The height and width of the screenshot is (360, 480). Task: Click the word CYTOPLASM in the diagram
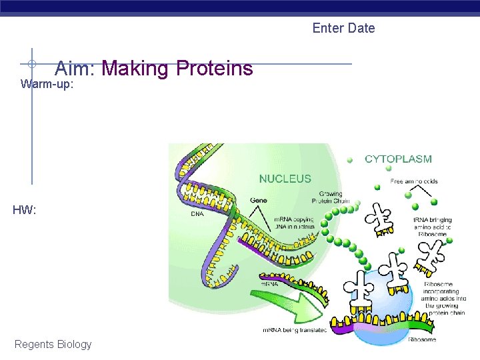[398, 159]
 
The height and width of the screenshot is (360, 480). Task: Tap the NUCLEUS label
[285, 179]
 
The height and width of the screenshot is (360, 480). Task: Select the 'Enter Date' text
[343, 28]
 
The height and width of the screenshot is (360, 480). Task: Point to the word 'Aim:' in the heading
[77, 69]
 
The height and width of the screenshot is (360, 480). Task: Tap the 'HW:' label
[24, 210]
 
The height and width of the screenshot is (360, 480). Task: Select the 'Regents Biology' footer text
[53, 344]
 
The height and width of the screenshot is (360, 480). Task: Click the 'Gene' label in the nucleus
[259, 200]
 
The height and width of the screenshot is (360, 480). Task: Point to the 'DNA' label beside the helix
[197, 214]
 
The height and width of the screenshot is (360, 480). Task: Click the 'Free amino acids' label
[413, 181]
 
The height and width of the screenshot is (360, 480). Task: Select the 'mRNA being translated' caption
[294, 330]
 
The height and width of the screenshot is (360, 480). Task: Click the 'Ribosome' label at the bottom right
[422, 339]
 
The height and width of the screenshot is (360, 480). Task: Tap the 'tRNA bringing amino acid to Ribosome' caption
[433, 227]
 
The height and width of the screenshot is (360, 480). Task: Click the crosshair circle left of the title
[31, 64]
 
